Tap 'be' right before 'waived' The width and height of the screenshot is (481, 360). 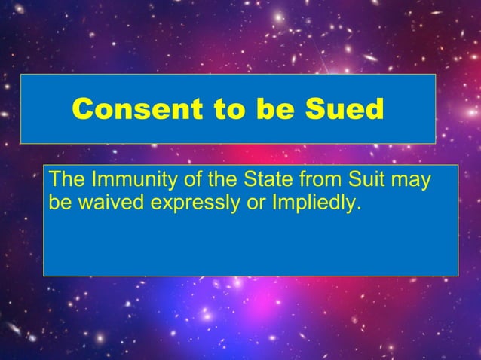[57, 202]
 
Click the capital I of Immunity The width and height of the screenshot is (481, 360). [93, 181]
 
